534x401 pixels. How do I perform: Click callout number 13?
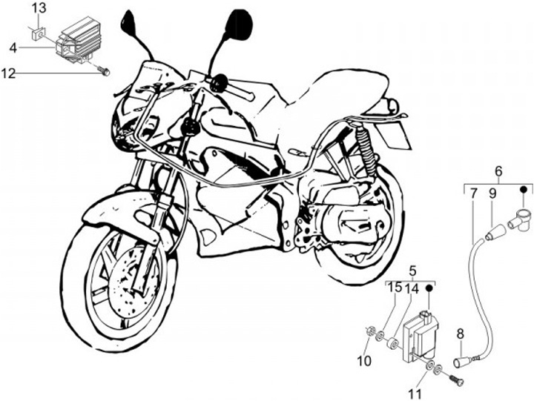pyautogui.click(x=39, y=8)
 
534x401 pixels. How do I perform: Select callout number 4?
pyautogui.click(x=13, y=47)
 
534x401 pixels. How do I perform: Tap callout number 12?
pyautogui.click(x=8, y=73)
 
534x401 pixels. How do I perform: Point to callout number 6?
pyautogui.click(x=498, y=171)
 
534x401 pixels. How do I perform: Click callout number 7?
pyautogui.click(x=472, y=195)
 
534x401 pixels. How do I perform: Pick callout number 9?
pyautogui.click(x=492, y=195)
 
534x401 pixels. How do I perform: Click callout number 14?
pyautogui.click(x=412, y=287)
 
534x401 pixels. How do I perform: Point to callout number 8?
pyautogui.click(x=461, y=333)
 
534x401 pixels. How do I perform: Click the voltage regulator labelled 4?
pyautogui.click(x=76, y=41)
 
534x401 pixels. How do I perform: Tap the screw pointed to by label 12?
pyautogui.click(x=106, y=72)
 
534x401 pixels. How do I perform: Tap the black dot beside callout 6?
pyautogui.click(x=522, y=189)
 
